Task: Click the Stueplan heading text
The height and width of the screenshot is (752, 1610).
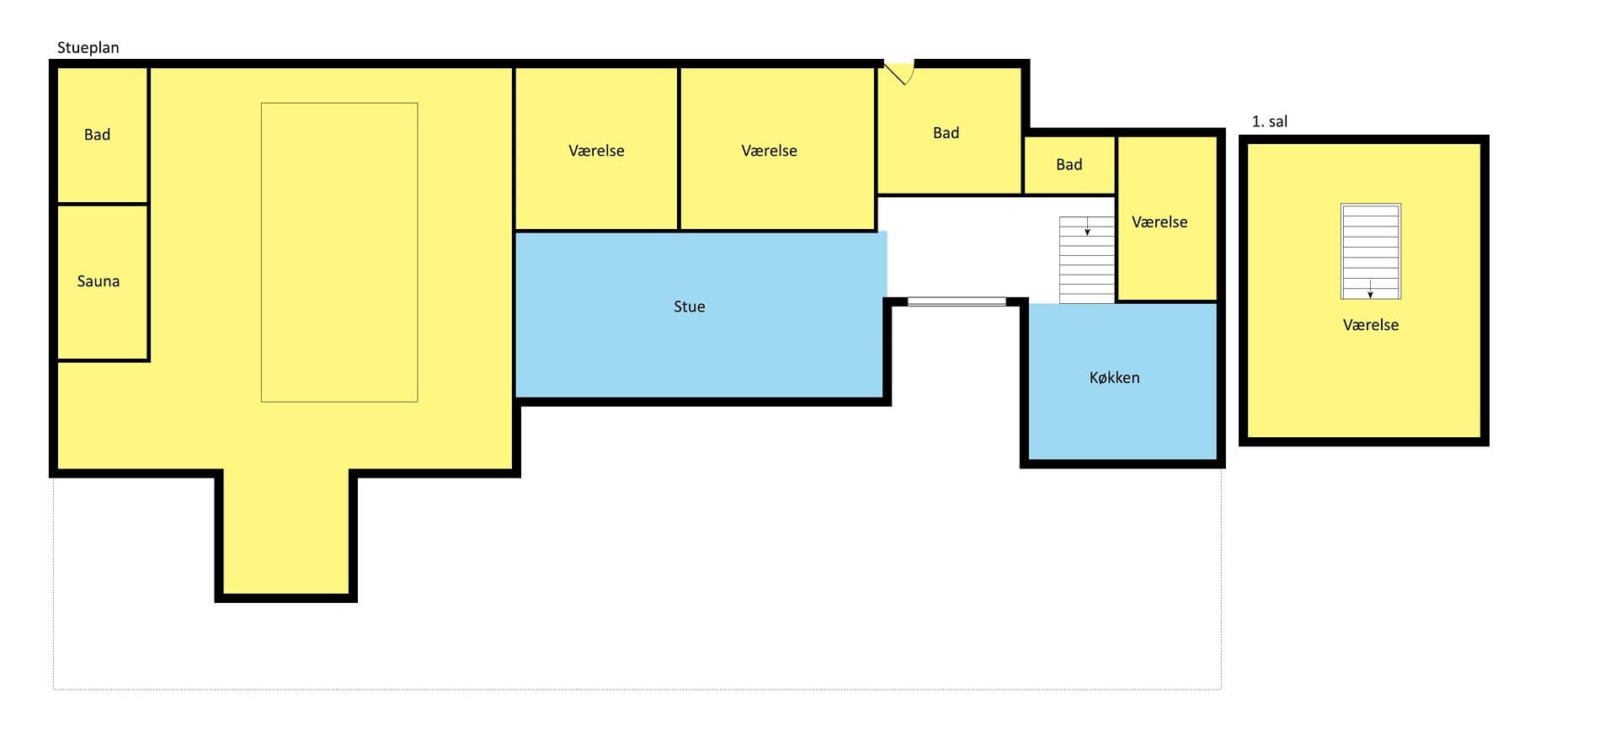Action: pyautogui.click(x=88, y=48)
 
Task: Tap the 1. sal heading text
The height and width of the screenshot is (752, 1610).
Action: pyautogui.click(x=1269, y=121)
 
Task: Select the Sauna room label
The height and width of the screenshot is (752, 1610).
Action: pyautogui.click(x=98, y=281)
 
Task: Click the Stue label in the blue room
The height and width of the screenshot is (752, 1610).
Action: pyautogui.click(x=689, y=307)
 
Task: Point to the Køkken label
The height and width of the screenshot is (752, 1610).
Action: pyautogui.click(x=1114, y=377)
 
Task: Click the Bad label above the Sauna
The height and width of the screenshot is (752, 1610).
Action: pyautogui.click(x=97, y=135)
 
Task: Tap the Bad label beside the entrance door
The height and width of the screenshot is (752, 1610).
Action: pyautogui.click(x=946, y=133)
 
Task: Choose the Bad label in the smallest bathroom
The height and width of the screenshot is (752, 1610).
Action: pyautogui.click(x=1069, y=165)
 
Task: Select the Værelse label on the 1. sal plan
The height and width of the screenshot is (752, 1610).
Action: pyautogui.click(x=1370, y=325)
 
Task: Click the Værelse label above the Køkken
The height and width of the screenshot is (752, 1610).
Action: pyautogui.click(x=1160, y=222)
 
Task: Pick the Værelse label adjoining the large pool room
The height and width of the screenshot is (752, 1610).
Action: pyautogui.click(x=596, y=151)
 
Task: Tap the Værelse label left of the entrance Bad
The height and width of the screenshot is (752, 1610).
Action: pyautogui.click(x=769, y=151)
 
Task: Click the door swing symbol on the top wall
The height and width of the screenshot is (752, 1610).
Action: pyautogui.click(x=898, y=72)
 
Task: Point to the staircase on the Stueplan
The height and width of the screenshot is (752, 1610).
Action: pyautogui.click(x=1086, y=259)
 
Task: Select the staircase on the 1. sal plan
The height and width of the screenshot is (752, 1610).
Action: pyautogui.click(x=1370, y=251)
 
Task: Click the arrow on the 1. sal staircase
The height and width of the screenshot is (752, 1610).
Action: pyautogui.click(x=1370, y=288)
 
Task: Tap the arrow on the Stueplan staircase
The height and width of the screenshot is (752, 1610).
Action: pyautogui.click(x=1087, y=226)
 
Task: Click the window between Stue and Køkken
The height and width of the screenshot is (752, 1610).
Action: pyautogui.click(x=957, y=301)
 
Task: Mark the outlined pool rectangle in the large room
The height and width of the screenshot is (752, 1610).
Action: pyautogui.click(x=339, y=253)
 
